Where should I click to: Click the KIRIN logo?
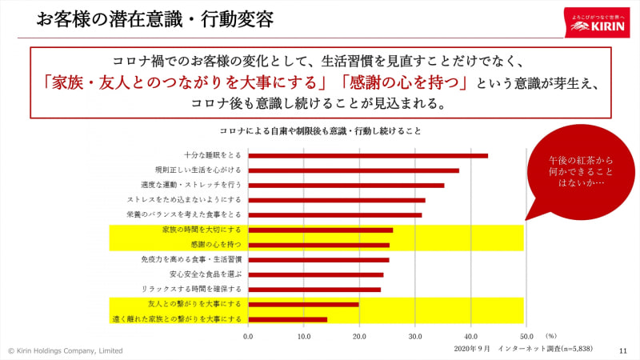pos(597,23)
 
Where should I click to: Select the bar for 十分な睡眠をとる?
pos(368,155)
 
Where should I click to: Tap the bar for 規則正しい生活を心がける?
pos(354,170)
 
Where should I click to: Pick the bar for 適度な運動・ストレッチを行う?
pos(346,186)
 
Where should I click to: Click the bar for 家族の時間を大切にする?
pos(321,230)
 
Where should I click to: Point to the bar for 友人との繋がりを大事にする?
pos(303,305)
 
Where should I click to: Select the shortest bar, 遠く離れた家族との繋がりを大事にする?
pos(287,319)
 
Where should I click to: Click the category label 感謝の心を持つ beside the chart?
pos(216,245)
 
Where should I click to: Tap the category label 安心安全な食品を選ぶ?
pos(206,274)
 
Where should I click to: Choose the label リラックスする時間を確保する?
pos(191,289)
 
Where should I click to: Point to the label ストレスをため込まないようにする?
pos(184,200)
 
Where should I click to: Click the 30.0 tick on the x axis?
pos(415,337)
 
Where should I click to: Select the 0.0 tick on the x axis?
pos(248,337)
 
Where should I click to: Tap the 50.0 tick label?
pos(526,337)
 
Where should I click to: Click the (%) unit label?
pos(551,336)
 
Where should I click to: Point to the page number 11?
pos(623,351)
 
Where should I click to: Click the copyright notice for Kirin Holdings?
pos(66,350)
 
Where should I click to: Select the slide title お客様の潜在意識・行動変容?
pos(155,19)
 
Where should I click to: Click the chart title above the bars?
pos(321,131)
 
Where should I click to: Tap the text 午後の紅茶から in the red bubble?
pos(581,161)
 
